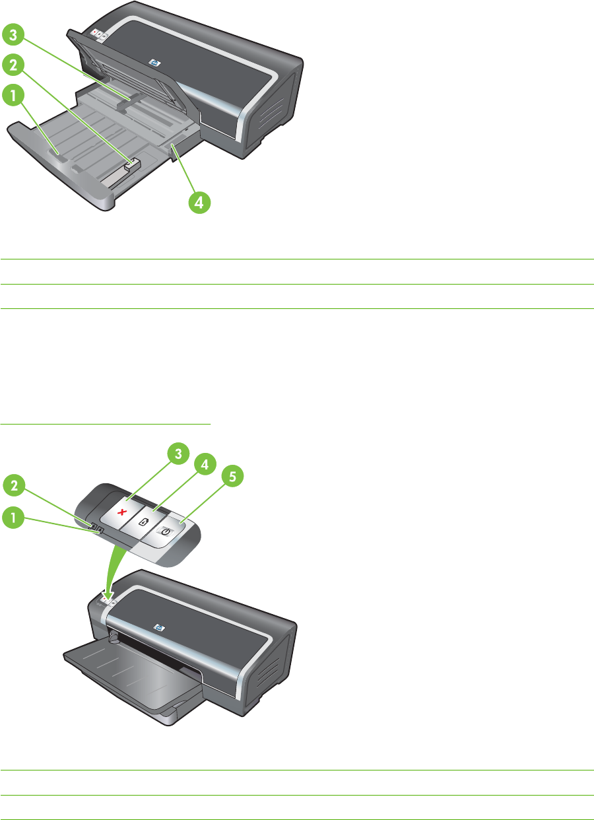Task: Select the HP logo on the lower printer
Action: tap(158, 627)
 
